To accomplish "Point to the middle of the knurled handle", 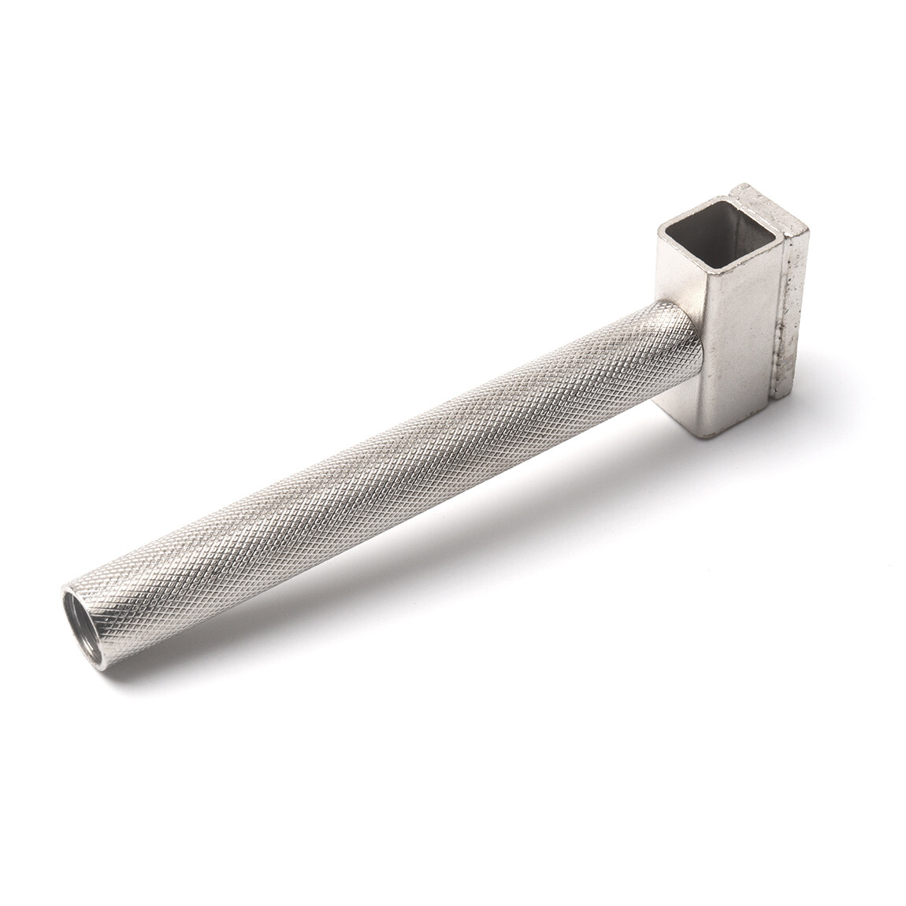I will click(x=378, y=465).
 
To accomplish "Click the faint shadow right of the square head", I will click(x=835, y=394).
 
